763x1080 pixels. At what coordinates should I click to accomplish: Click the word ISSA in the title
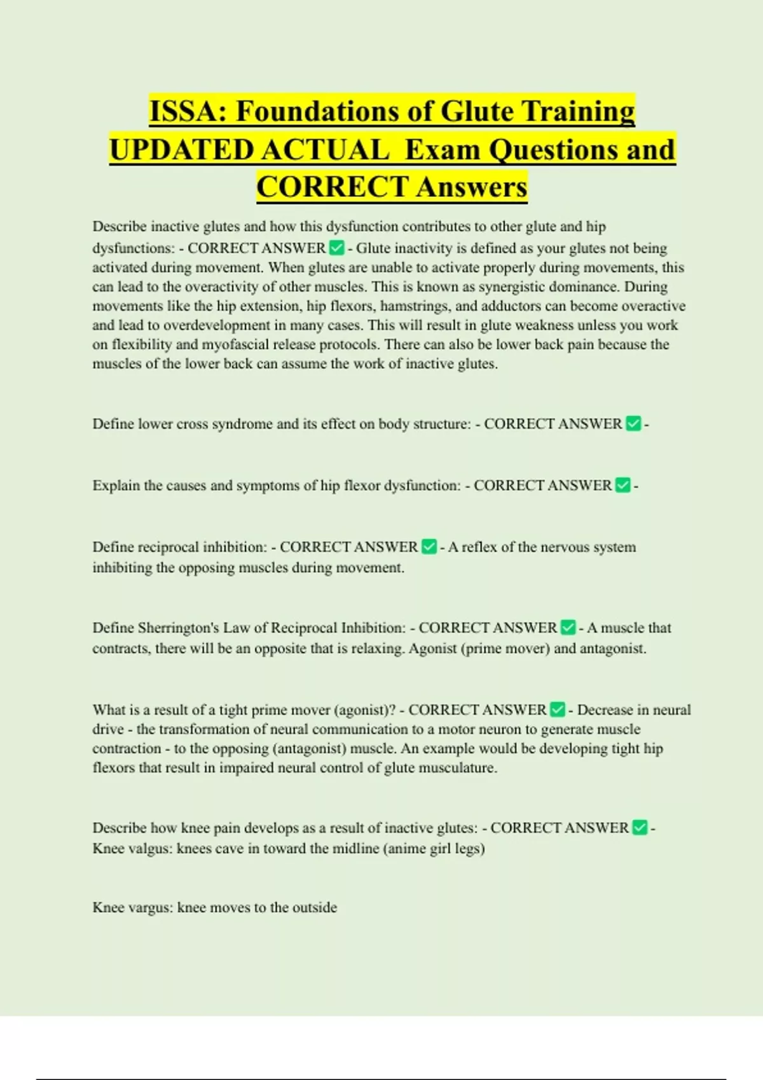(x=185, y=111)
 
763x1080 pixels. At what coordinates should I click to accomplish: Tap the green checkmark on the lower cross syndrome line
(x=633, y=424)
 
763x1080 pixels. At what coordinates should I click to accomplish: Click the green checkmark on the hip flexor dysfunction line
(x=623, y=485)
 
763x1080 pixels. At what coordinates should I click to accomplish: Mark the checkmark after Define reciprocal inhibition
(x=429, y=547)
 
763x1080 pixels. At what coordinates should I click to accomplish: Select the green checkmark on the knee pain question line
(x=640, y=828)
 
